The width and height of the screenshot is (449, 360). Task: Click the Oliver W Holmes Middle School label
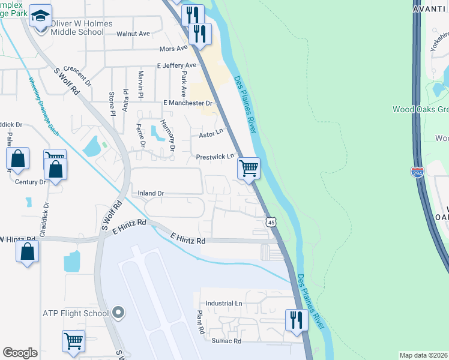point(77,28)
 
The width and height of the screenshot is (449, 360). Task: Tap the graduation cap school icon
point(40,16)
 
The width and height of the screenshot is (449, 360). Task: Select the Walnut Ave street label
point(133,34)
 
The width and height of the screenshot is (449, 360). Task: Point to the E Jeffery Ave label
point(176,65)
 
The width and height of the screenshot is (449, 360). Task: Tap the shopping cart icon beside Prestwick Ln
point(249,168)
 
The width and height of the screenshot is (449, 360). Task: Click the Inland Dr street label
point(151,193)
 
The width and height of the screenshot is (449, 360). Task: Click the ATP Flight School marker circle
point(118,313)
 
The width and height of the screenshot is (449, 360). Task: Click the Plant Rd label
point(199,322)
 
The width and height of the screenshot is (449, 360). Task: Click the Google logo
point(20,353)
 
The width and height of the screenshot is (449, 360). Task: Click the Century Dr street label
point(30,181)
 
